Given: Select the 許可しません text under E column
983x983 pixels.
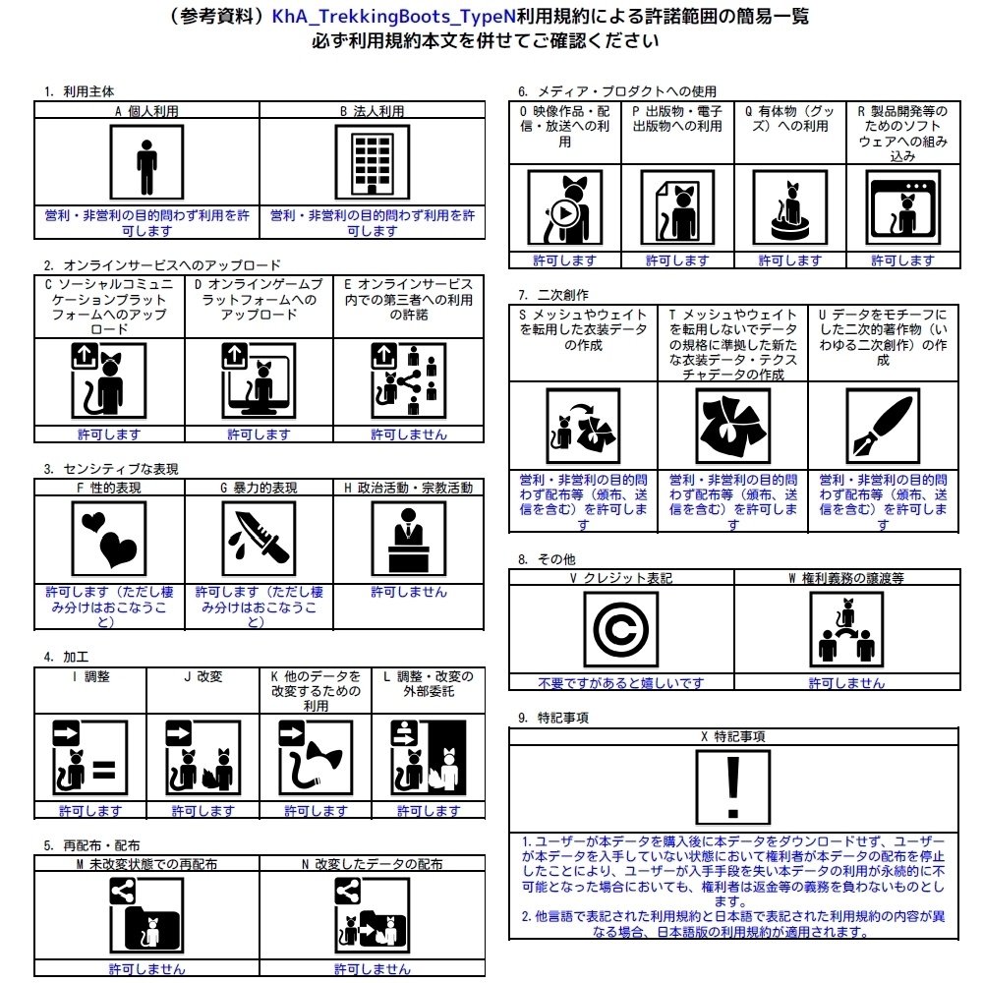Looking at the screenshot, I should point(408,434).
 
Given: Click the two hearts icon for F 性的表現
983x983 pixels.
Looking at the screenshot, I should point(109,539).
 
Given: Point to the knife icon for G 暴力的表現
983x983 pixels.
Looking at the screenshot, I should point(259,539).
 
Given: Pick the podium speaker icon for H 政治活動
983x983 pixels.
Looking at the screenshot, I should point(408,539).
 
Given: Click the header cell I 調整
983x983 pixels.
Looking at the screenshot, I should point(90,676).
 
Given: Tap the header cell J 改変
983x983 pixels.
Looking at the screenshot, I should point(202,676).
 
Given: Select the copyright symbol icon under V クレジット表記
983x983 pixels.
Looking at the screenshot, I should point(620,629).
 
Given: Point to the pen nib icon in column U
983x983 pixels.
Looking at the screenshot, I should point(882,426).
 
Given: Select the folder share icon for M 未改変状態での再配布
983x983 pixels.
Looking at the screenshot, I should point(146,916).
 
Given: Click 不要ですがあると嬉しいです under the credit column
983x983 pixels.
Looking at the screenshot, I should point(620,683).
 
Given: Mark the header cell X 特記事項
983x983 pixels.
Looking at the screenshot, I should point(732,736).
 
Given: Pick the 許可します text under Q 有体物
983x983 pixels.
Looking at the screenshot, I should point(789,260).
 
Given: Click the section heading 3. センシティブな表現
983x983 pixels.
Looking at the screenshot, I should point(111,469).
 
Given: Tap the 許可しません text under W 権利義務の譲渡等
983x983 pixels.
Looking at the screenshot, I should point(845,683).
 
